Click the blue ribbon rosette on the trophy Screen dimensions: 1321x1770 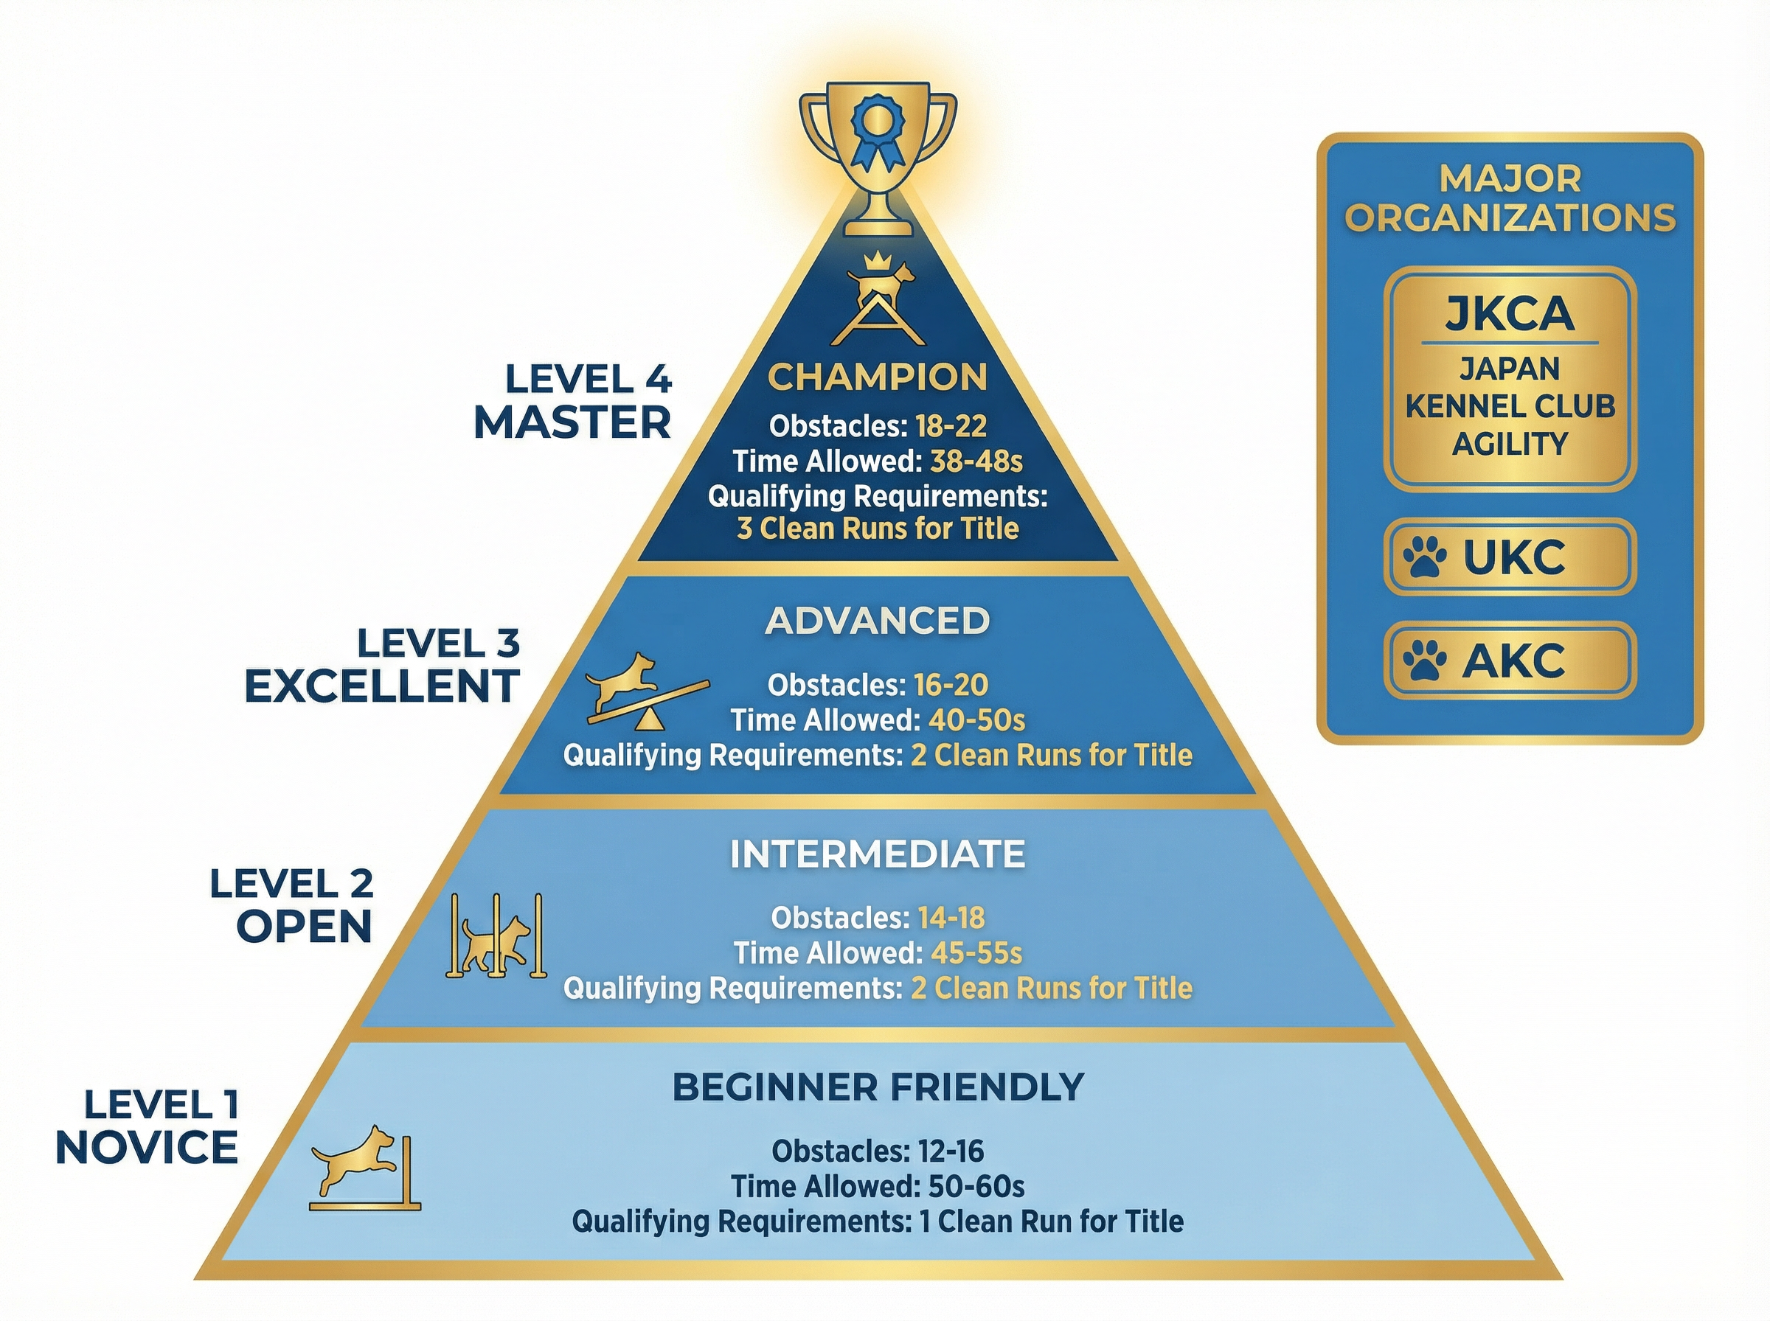pos(877,133)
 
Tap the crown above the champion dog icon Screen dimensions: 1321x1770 pos(878,261)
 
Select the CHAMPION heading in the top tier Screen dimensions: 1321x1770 pos(878,377)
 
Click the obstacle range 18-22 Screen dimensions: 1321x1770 pos(950,426)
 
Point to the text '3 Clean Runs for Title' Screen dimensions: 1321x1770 pos(878,529)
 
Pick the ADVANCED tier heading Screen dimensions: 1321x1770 pos(878,621)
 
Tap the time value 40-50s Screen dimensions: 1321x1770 pos(976,720)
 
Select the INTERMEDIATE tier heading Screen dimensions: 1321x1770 pos(878,854)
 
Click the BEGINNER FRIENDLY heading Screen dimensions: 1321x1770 pos(878,1087)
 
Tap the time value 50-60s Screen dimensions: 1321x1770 pos(976,1186)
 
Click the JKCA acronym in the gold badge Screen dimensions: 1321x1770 pos(1509,313)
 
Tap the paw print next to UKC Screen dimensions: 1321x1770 pos(1424,557)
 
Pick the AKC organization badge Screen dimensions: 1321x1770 pos(1509,660)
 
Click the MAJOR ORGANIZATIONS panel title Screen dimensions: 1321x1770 pos(1509,198)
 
